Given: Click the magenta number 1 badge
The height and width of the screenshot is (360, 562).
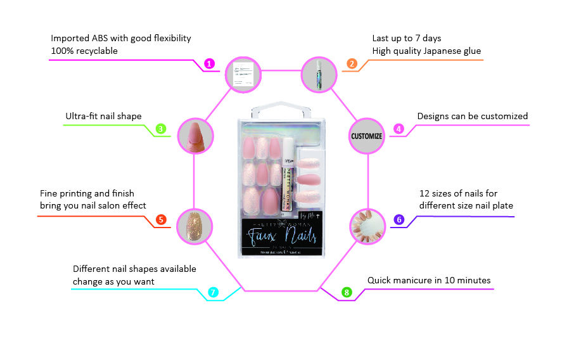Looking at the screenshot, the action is [x=210, y=63].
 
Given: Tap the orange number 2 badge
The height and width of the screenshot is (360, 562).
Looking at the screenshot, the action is [x=352, y=63].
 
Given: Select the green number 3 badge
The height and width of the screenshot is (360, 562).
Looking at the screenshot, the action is [x=162, y=129].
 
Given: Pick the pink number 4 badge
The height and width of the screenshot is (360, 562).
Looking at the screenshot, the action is [x=399, y=129].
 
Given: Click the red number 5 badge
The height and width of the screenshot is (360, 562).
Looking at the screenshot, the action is [x=162, y=220].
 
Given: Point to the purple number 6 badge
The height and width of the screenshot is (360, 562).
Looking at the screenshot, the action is [x=399, y=220].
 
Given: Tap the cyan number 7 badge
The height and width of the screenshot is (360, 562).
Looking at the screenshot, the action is [x=214, y=292].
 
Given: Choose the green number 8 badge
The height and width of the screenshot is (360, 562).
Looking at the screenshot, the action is [x=346, y=292].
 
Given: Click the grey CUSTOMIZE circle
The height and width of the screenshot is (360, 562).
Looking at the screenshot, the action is [x=367, y=136].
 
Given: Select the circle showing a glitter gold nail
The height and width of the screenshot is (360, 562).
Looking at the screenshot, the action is [x=195, y=225].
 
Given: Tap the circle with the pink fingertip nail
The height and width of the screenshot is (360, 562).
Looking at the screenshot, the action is [x=195, y=136].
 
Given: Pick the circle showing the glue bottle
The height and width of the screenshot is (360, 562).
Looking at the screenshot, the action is [x=317, y=74].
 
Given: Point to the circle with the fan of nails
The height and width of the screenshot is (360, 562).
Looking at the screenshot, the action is [x=368, y=225].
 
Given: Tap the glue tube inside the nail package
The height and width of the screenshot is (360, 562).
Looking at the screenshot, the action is [x=287, y=168].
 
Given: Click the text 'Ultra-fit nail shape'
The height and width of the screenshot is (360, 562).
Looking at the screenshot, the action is [x=103, y=116].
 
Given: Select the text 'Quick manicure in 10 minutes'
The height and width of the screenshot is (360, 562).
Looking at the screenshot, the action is [x=429, y=280].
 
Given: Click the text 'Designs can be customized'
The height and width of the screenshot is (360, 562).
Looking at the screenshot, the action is [x=472, y=116].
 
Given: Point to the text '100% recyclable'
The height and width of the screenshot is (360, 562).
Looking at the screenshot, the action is [x=84, y=51].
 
